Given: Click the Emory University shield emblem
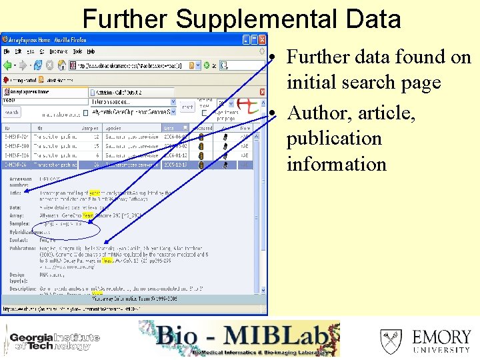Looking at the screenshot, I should click(391, 341).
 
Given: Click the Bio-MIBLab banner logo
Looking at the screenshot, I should click(239, 339).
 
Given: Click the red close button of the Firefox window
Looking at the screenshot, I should click(262, 39).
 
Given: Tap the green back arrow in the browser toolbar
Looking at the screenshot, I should click(9, 65).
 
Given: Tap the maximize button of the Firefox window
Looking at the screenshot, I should click(254, 39).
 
